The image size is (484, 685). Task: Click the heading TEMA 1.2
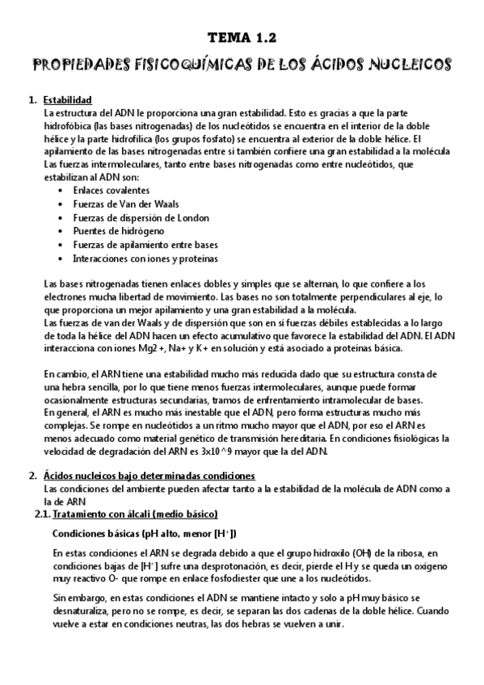[242, 37]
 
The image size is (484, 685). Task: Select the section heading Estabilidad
[68, 100]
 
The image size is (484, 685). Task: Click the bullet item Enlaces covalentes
[111, 190]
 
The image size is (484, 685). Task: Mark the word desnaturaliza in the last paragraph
[81, 612]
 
